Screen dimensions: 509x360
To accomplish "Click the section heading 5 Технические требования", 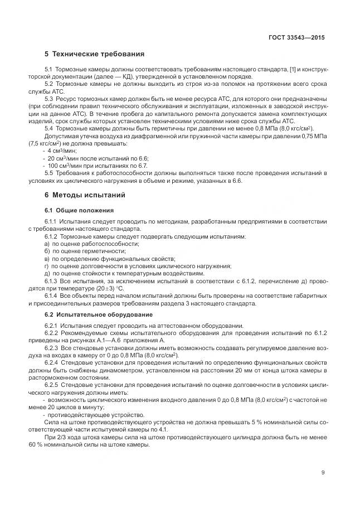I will (94, 55).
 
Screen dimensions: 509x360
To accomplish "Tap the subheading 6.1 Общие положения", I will (79, 210).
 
